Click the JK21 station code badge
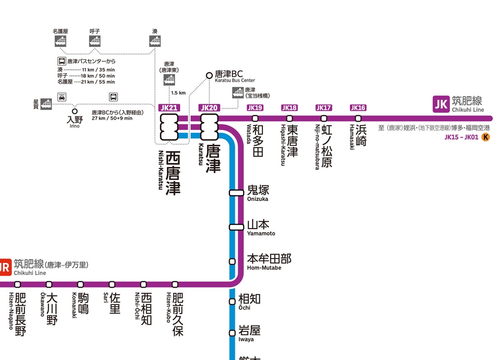pyautogui.click(x=169, y=108)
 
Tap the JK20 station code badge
pyautogui.click(x=209, y=108)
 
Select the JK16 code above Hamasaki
pyautogui.click(x=358, y=108)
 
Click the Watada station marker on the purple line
pyautogui.click(x=255, y=118)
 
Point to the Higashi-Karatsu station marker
pyautogui.click(x=289, y=118)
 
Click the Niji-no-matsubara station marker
pyautogui.click(x=324, y=118)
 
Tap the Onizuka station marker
pyautogui.click(x=237, y=193)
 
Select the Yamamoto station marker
pyautogui.click(x=237, y=227)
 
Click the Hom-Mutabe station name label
pyautogui.click(x=269, y=259)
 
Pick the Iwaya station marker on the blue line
pyautogui.click(x=232, y=333)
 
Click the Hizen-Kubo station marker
pyautogui.click(x=175, y=284)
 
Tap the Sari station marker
pyautogui.click(x=112, y=284)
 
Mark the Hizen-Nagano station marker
pyautogui.click(x=17, y=284)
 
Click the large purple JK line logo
pyautogui.click(x=440, y=104)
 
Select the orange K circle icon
pyautogui.click(x=486, y=137)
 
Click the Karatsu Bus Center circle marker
pyautogui.click(x=209, y=75)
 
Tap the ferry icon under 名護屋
pyautogui.click(x=61, y=41)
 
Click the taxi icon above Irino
pyautogui.click(x=62, y=97)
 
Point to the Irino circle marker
pyautogui.click(x=75, y=111)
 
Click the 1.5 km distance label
pyautogui.click(x=178, y=93)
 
